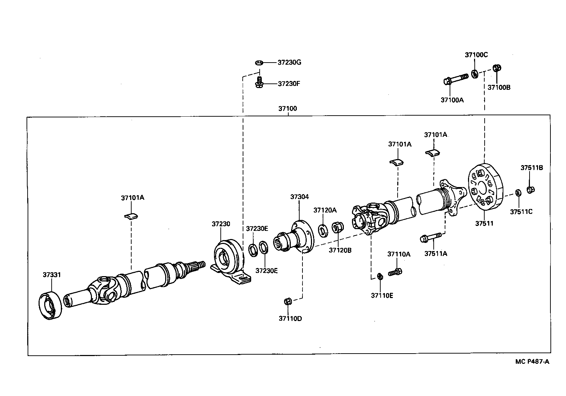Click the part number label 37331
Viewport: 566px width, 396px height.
pyautogui.click(x=52, y=275)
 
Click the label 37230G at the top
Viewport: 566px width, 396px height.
pyautogui.click(x=289, y=63)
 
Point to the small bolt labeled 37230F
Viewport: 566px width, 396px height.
pyautogui.click(x=259, y=83)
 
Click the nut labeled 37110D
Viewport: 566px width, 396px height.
pyautogui.click(x=287, y=301)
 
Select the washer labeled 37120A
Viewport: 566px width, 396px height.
pyautogui.click(x=323, y=231)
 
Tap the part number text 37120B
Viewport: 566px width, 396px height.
pyautogui.click(x=340, y=250)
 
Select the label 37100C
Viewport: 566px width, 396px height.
pyautogui.click(x=476, y=55)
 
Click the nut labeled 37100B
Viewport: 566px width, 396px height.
pyautogui.click(x=497, y=68)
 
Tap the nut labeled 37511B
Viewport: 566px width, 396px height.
pyautogui.click(x=530, y=190)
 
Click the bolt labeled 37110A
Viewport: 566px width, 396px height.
pyautogui.click(x=395, y=272)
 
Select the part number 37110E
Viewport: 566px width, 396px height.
pyautogui.click(x=382, y=295)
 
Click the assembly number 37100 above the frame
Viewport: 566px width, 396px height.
pyautogui.click(x=287, y=109)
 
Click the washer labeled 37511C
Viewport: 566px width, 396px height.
pyautogui.click(x=518, y=193)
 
